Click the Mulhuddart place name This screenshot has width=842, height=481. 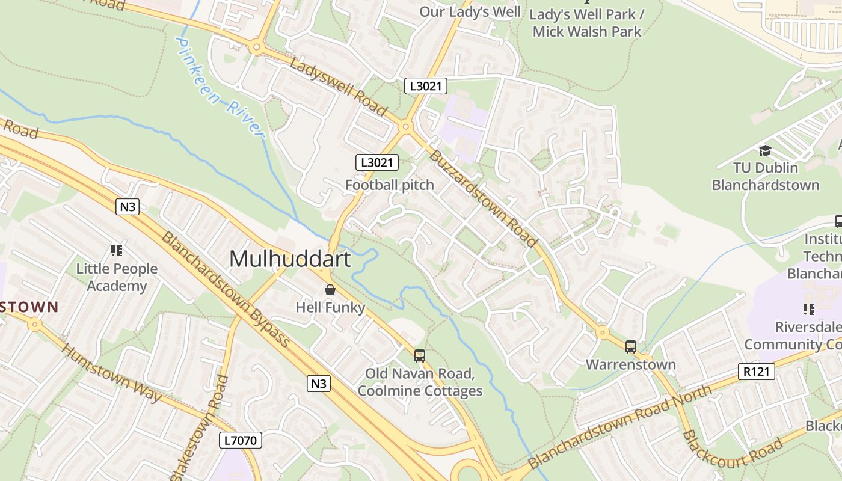(290, 259)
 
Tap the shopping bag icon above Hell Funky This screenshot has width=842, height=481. (330, 290)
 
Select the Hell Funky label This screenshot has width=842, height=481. (330, 308)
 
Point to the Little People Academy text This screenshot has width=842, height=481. (117, 277)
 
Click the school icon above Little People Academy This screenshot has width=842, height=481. (117, 250)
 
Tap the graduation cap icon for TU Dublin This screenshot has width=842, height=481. (765, 150)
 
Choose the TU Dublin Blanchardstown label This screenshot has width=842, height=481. (765, 176)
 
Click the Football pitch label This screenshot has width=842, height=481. (389, 185)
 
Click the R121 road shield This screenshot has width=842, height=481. (756, 372)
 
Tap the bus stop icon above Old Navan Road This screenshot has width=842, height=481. (420, 356)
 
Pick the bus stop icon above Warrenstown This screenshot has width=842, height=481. (630, 347)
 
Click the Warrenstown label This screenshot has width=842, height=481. (630, 364)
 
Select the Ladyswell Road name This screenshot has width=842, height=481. (338, 86)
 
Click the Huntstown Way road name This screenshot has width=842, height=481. (112, 373)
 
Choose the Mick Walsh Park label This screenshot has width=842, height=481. (587, 32)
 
